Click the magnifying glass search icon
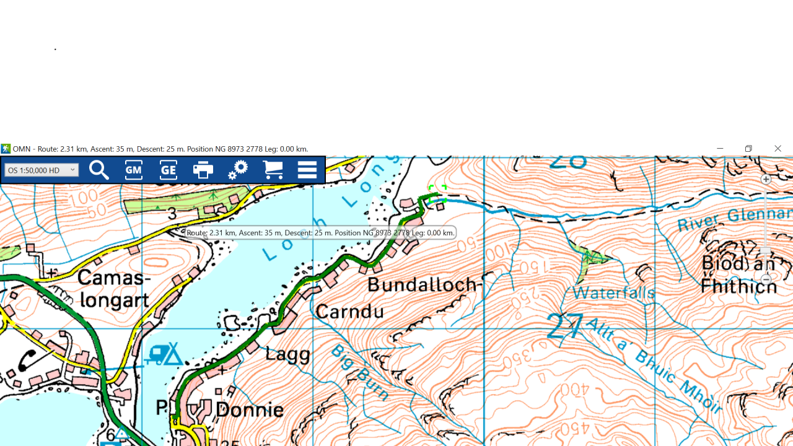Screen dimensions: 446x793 click(99, 170)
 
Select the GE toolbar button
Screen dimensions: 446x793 click(169, 170)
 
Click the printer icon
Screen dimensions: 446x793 click(203, 170)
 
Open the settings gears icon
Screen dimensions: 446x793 click(238, 170)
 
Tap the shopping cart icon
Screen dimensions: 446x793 click(273, 170)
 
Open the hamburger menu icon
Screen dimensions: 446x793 click(307, 170)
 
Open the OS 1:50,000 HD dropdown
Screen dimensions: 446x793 click(42, 170)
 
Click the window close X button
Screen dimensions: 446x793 click(778, 149)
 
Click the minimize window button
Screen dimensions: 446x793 click(720, 149)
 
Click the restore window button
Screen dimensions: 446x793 click(748, 149)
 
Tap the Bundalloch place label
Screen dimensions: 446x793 click(424, 285)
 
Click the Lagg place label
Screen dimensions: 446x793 click(287, 354)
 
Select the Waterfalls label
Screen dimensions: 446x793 click(613, 292)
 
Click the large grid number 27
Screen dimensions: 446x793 click(565, 326)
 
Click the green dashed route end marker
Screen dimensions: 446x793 click(438, 193)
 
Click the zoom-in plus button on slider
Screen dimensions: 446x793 click(766, 179)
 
